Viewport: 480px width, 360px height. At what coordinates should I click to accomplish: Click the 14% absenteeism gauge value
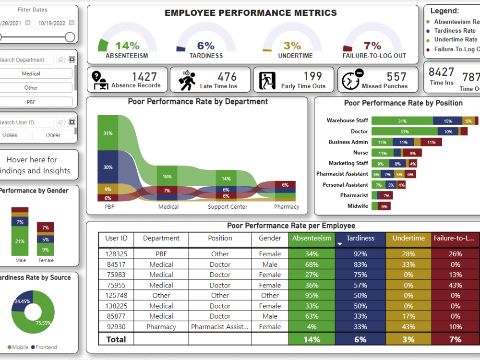[127, 46]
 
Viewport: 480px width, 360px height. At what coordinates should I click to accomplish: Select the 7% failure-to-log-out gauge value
[372, 46]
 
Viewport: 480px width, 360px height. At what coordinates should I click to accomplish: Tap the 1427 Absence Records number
[144, 77]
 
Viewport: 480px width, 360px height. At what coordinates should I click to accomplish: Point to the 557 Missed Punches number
[396, 77]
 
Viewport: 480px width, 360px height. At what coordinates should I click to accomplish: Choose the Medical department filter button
[31, 73]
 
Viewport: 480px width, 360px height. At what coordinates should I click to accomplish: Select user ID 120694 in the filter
[52, 135]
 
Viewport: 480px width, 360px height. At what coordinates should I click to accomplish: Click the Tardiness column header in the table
[360, 238]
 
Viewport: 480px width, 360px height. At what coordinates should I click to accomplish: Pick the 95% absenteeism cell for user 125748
[312, 296]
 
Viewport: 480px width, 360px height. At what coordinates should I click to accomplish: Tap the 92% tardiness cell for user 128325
[360, 254]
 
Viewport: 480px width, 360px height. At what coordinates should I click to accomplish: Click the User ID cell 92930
[116, 327]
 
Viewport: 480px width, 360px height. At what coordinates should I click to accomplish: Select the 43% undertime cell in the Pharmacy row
[408, 327]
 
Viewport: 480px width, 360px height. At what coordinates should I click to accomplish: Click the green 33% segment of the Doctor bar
[404, 132]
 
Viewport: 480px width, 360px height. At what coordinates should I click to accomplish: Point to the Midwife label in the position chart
[358, 206]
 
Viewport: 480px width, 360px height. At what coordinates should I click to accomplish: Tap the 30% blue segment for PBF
[108, 167]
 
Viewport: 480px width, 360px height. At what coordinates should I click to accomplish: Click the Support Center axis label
[228, 207]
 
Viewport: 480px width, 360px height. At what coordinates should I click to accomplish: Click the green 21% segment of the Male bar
[20, 241]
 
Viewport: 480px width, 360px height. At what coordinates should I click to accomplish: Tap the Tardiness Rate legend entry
[455, 31]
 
